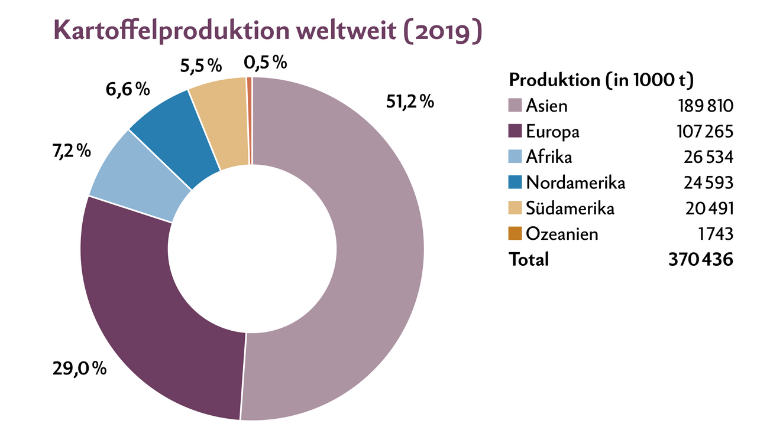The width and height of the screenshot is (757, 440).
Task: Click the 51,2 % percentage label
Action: (x=410, y=102)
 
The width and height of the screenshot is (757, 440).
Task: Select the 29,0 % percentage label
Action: (x=79, y=370)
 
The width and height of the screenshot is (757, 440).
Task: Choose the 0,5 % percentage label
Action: (x=266, y=61)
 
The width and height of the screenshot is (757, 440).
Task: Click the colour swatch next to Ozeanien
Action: (x=515, y=234)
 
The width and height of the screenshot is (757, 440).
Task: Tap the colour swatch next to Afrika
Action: (x=515, y=157)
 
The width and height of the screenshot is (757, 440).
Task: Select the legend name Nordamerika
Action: (x=575, y=182)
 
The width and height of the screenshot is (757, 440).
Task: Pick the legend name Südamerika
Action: (x=570, y=208)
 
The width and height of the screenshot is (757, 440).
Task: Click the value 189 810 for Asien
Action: (x=706, y=106)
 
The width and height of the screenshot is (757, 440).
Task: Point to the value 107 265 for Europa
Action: (x=706, y=132)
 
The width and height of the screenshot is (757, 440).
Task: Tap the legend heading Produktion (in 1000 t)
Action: (x=601, y=80)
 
